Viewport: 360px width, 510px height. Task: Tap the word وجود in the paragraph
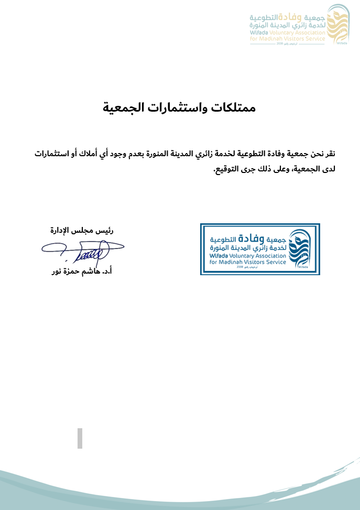point(125,154)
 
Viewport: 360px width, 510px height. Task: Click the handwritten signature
point(84,251)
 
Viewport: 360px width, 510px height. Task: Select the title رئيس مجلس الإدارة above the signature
point(82,230)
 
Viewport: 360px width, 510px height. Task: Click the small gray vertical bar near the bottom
point(80,438)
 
